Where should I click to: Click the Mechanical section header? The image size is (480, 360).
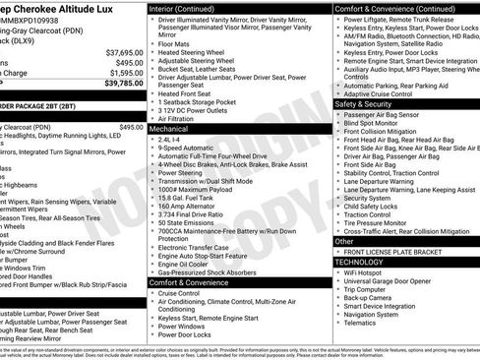pyautogui.click(x=169, y=129)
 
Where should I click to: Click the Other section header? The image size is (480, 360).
pyautogui.click(x=344, y=241)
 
